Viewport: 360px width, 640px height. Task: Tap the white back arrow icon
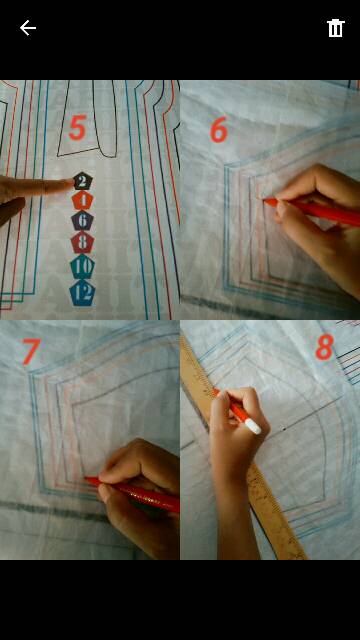(28, 28)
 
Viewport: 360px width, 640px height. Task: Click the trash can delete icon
(336, 28)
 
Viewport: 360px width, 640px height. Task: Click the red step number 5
(78, 128)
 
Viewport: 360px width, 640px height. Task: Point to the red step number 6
(219, 130)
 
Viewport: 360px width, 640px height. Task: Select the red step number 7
(31, 351)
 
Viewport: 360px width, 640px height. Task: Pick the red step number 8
(325, 347)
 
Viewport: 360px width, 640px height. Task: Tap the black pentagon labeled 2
(82, 181)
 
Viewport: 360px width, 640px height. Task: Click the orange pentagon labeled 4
(82, 200)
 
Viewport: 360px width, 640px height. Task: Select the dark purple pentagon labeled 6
(82, 220)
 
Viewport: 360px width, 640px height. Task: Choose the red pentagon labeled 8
(82, 242)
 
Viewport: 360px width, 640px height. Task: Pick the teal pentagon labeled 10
(82, 266)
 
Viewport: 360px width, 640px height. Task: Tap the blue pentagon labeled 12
(82, 293)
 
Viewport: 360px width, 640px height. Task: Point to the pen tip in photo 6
(264, 200)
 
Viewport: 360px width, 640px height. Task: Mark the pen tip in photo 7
(87, 478)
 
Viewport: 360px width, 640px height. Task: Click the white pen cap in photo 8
(253, 427)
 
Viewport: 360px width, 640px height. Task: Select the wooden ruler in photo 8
(244, 449)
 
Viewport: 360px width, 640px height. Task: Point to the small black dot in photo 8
(284, 429)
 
